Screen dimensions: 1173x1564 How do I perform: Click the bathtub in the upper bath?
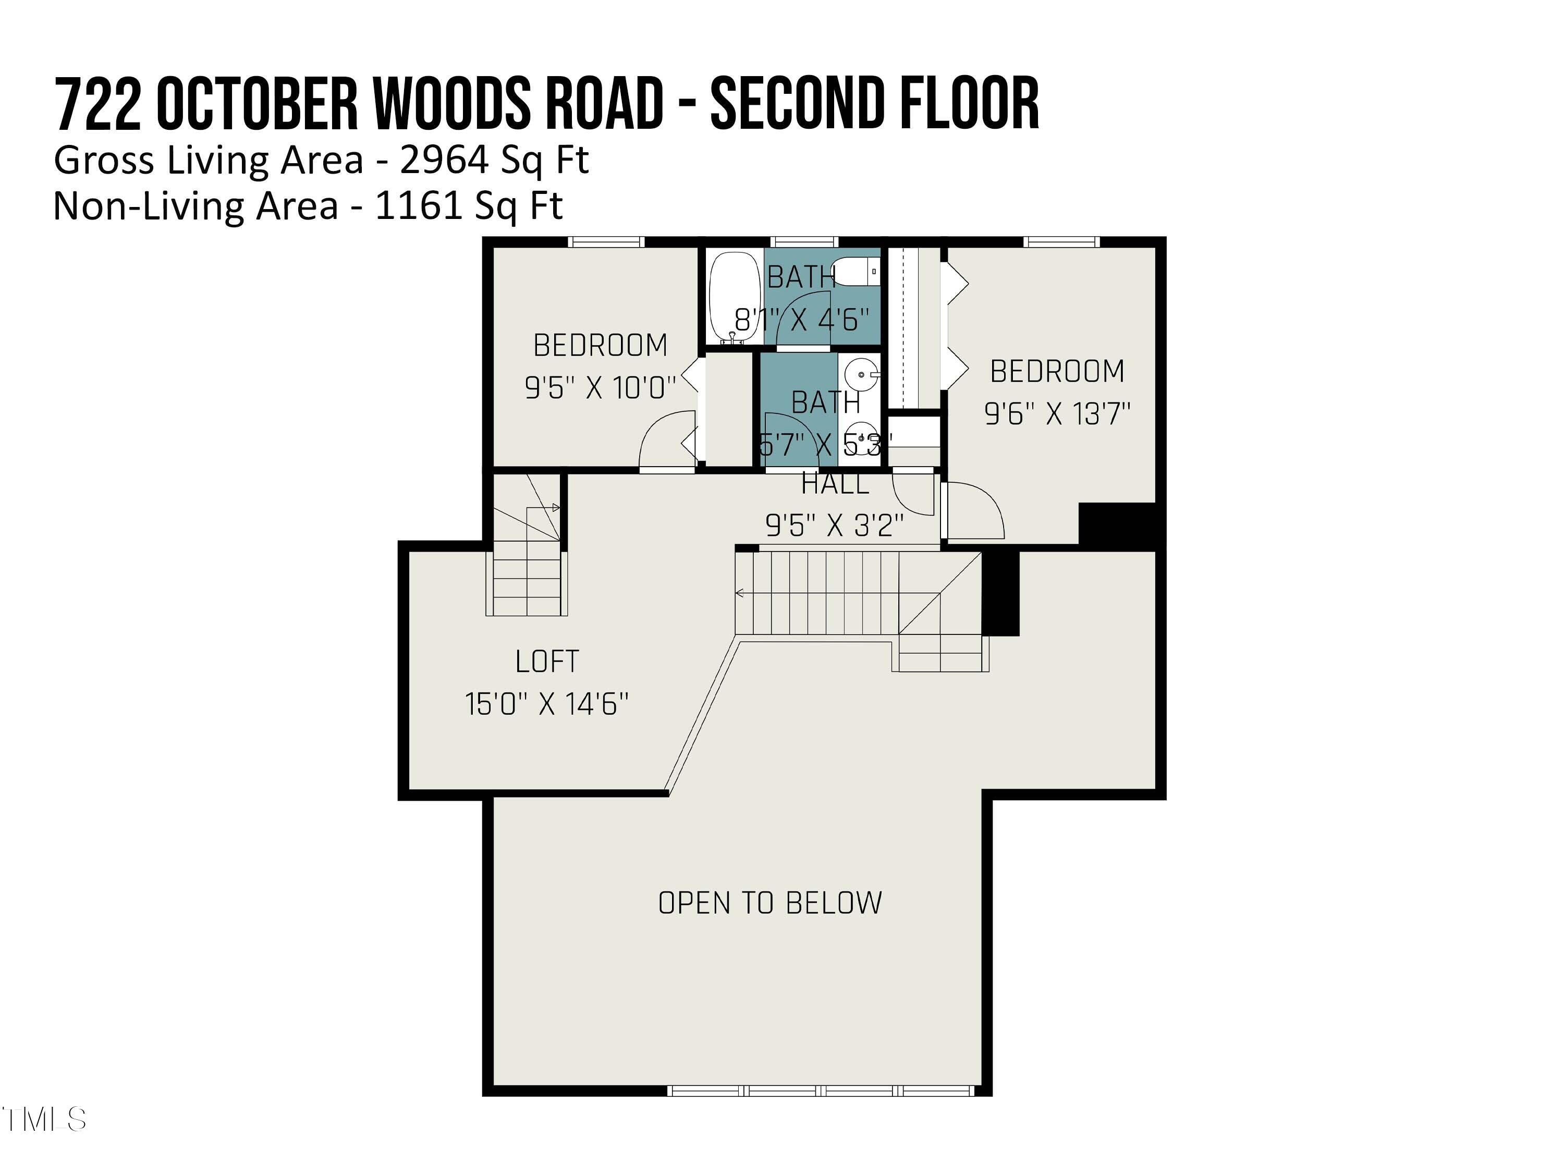click(735, 297)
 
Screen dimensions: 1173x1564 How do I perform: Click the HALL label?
click(835, 484)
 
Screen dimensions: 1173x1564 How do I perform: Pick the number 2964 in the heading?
click(444, 161)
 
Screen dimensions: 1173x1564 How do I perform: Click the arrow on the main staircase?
click(740, 593)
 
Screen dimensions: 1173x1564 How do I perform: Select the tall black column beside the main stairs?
click(1001, 593)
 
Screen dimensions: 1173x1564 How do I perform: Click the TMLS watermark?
click(44, 1120)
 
